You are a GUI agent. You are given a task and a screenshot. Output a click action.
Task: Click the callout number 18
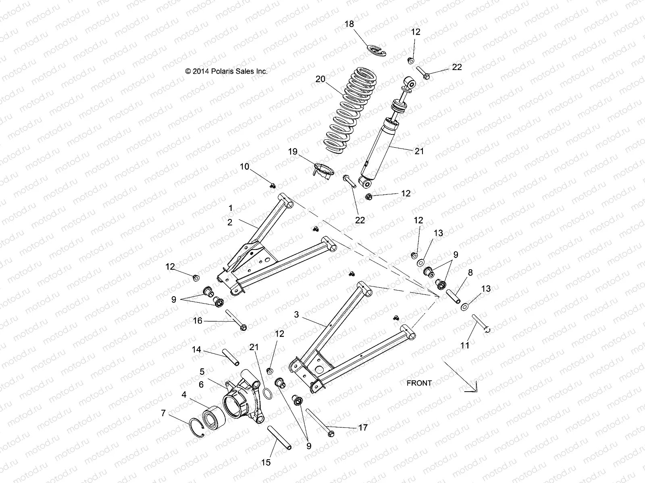click(349, 24)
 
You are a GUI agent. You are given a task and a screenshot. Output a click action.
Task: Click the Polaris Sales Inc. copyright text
click(226, 71)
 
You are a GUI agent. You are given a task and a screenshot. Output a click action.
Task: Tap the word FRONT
click(419, 383)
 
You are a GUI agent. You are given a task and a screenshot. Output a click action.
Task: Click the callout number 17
click(363, 427)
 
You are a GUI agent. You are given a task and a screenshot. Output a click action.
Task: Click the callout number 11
click(465, 345)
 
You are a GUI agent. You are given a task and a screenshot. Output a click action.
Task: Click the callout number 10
click(244, 167)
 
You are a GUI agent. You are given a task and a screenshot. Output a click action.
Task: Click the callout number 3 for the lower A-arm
click(296, 315)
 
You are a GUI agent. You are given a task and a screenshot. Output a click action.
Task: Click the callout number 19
click(292, 152)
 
